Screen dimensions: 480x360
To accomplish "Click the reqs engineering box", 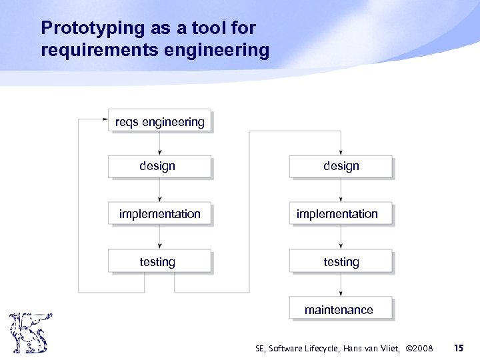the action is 159,121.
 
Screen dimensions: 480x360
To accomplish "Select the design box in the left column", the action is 159,167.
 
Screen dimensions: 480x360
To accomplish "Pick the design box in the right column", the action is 341,167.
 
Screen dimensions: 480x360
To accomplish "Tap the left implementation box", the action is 159,214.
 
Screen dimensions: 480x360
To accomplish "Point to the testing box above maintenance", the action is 341,262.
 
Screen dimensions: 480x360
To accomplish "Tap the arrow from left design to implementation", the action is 159,191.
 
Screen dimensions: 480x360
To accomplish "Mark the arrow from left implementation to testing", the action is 159,238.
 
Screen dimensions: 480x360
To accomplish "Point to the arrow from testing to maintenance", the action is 341,285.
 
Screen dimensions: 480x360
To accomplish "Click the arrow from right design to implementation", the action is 341,191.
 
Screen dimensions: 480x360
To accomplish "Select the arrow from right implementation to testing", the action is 341,238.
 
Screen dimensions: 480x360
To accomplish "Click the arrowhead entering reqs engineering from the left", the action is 105,120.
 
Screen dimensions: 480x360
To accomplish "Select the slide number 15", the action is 459,348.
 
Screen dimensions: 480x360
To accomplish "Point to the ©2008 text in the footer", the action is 419,349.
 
